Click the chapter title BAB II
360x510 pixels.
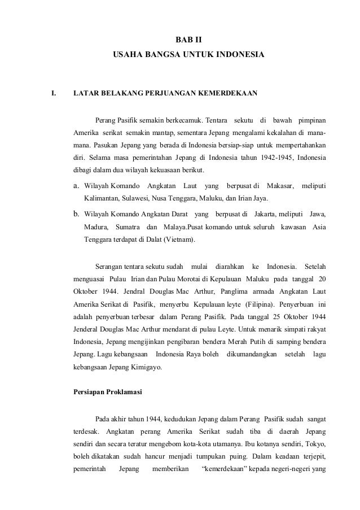pos(189,40)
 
